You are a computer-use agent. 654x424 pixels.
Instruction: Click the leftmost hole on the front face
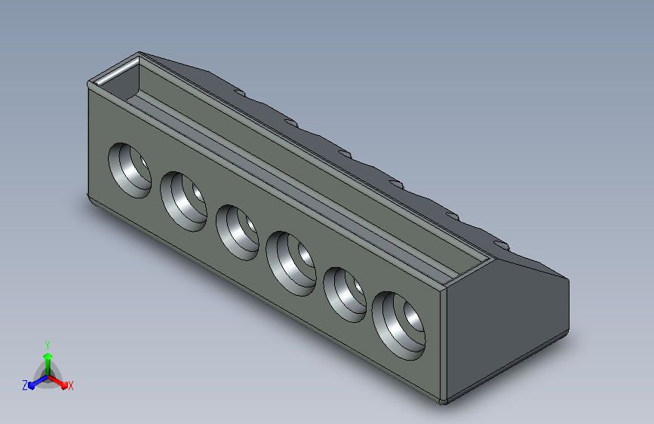(x=130, y=171)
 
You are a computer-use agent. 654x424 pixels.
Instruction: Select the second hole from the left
(x=183, y=201)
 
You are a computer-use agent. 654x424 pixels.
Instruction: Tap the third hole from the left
(x=238, y=232)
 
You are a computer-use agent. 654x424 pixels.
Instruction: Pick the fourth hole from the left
(x=291, y=264)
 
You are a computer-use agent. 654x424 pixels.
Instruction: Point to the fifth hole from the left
(x=345, y=295)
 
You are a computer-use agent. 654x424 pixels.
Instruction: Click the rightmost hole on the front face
(x=399, y=326)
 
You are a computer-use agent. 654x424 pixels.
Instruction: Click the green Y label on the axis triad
(x=48, y=346)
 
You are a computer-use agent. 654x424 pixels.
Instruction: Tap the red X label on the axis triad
(x=70, y=386)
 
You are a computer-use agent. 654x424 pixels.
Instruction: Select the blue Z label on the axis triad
(x=25, y=386)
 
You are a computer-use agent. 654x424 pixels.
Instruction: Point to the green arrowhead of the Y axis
(x=48, y=357)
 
